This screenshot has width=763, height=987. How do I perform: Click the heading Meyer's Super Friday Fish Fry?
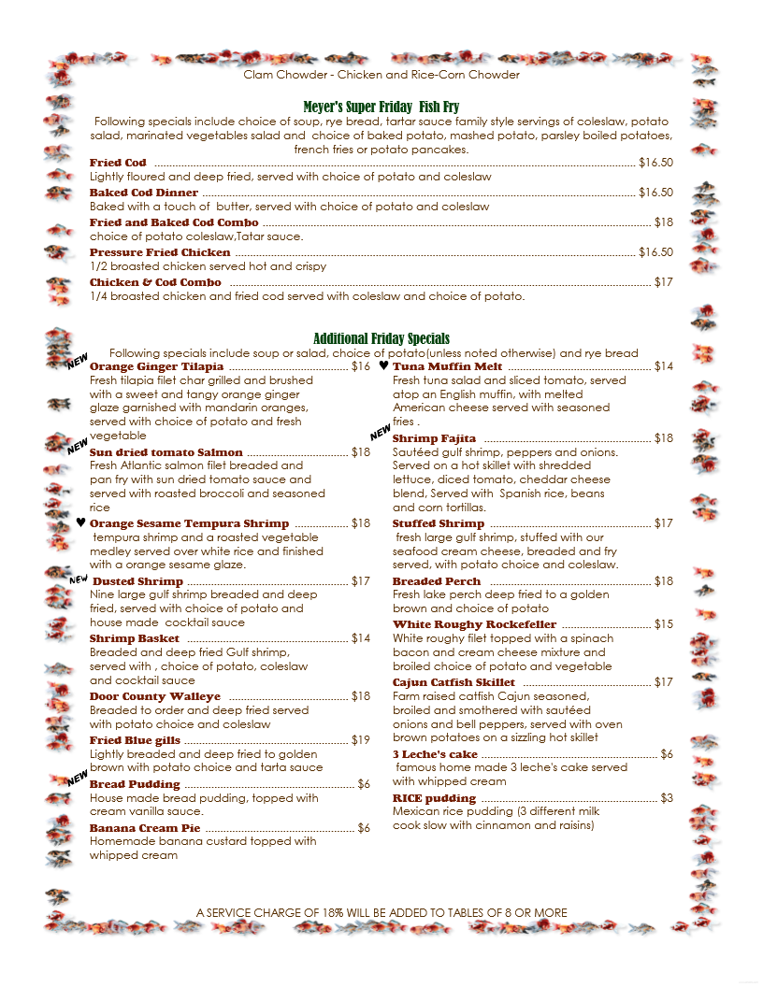381,107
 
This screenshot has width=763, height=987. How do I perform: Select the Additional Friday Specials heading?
381,338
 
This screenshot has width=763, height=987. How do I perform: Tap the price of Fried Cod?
655,163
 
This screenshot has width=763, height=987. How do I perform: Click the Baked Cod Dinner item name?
144,193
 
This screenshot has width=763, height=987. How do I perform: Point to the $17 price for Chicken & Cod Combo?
663,282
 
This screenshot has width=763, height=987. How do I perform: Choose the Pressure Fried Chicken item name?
160,252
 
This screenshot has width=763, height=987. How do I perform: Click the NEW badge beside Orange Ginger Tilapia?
77,362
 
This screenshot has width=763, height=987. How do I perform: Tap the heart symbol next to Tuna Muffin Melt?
383,366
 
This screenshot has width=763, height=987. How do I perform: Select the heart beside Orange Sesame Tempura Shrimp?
80,523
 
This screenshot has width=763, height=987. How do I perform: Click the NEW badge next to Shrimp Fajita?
380,433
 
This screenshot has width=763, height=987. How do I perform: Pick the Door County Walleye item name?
155,696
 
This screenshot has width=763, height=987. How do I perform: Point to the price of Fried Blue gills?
360,740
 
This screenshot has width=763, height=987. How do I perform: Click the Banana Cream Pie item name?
145,828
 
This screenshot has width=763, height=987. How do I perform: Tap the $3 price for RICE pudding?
666,798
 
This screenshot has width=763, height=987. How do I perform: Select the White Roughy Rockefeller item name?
474,624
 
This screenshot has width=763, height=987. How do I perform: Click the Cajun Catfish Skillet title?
453,682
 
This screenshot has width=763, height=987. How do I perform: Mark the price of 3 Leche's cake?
666,754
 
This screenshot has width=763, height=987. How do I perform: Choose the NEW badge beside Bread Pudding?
77,778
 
